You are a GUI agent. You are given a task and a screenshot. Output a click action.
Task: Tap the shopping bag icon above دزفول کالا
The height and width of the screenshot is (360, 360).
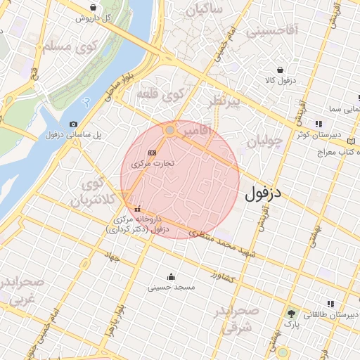tap(281, 70)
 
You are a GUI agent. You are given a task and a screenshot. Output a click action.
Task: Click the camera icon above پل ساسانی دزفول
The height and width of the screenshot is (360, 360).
tap(75, 124)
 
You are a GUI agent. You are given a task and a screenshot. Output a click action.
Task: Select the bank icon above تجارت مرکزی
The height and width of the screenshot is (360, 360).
tap(152, 153)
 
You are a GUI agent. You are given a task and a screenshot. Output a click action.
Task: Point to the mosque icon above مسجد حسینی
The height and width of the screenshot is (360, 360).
tap(171, 276)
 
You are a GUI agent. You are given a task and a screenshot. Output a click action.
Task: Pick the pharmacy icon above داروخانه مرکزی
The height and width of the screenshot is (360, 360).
tap(137, 209)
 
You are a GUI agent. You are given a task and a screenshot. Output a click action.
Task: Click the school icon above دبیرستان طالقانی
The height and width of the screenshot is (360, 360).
tap(330, 304)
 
